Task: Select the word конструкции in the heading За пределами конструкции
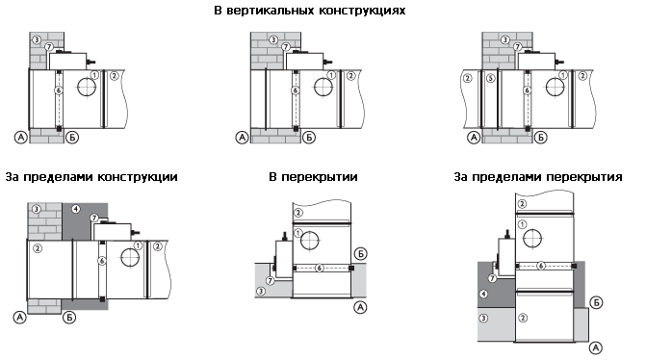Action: [x=138, y=177]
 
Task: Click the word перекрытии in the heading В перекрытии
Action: [x=320, y=177]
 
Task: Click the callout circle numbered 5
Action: [x=490, y=77]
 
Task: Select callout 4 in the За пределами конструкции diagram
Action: [x=76, y=209]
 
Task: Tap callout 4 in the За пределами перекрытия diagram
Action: [x=483, y=295]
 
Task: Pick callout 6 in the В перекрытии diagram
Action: [x=320, y=269]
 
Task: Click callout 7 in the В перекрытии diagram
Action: [x=271, y=280]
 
